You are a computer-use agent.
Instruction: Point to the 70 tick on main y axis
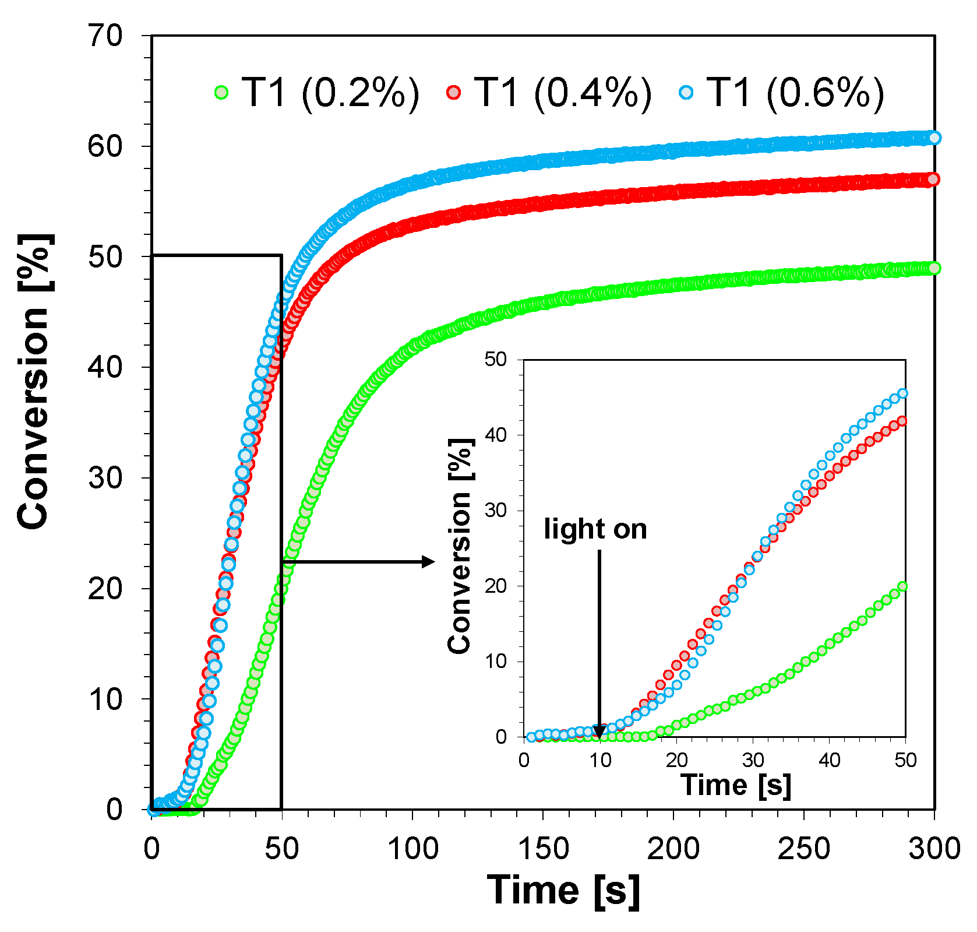(x=105, y=36)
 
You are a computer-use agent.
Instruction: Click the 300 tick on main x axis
(x=934, y=848)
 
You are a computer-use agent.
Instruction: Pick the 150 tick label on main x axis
(x=542, y=848)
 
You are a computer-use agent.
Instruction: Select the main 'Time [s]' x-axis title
(x=563, y=890)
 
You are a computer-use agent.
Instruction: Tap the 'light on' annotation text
(x=595, y=529)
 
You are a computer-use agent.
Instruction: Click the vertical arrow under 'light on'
(x=599, y=641)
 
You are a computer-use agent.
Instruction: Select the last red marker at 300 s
(x=933, y=180)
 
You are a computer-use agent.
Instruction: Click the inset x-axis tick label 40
(x=829, y=760)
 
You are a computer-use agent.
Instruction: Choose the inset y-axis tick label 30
(x=496, y=511)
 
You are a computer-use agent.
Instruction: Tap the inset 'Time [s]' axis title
(x=735, y=785)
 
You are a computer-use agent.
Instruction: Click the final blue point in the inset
(x=903, y=393)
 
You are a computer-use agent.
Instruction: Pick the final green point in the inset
(x=902, y=586)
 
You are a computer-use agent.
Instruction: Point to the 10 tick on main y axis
(x=105, y=699)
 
